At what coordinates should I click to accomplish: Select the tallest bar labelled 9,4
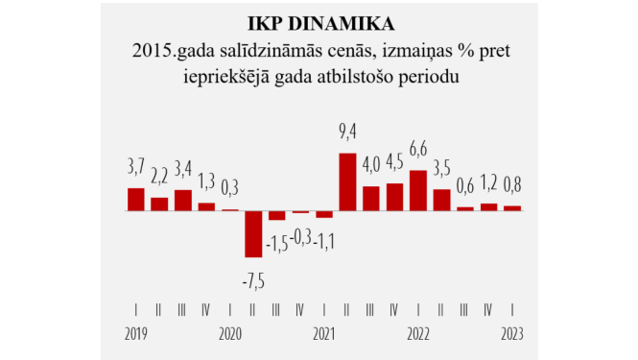pos(347,181)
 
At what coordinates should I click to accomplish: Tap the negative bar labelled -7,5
pos(253,233)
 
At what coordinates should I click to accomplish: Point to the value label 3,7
pos(136,169)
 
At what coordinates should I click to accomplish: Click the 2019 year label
pos(136,335)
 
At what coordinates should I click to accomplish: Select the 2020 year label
pos(230,335)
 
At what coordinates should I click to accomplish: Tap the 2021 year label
pos(324,335)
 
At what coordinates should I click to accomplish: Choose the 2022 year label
pos(418,335)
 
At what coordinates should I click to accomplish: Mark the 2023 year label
pos(512,335)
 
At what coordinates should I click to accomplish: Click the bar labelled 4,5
pos(394,197)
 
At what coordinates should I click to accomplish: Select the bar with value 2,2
pos(159,204)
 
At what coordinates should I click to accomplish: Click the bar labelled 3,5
pos(441,200)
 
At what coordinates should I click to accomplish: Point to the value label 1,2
pos(489,183)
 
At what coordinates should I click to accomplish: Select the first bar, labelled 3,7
pos(136,199)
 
